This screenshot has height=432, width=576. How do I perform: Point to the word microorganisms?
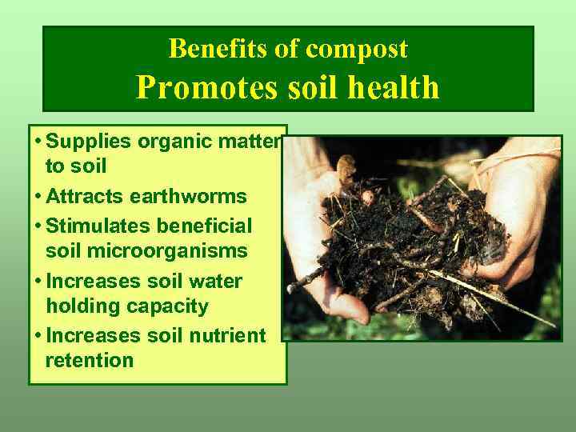146,251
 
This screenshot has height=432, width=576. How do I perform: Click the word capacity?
170,306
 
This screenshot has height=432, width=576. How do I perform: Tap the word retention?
90,361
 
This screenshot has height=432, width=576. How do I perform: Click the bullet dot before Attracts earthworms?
38,196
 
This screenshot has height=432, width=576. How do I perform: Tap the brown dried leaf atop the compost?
346,170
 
